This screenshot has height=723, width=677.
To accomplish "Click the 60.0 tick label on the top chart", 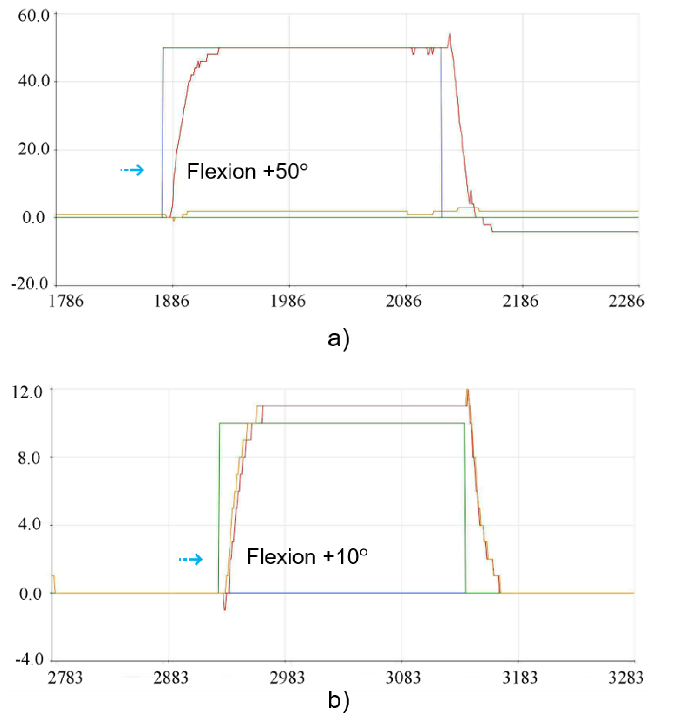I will click(x=33, y=16).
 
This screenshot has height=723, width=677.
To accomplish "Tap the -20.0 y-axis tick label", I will click(x=30, y=284).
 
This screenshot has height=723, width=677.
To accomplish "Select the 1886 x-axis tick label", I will click(x=172, y=301).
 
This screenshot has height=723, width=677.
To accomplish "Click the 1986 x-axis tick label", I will click(x=288, y=301).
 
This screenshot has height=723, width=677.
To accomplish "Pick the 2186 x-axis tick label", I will click(x=520, y=301).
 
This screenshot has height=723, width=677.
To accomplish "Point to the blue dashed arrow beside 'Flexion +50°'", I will click(x=132, y=170).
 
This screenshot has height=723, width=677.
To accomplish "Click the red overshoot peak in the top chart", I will click(x=450, y=35).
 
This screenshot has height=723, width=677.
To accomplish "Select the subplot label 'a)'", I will click(x=338, y=339).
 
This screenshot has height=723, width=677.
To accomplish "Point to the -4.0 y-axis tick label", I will click(x=29, y=659).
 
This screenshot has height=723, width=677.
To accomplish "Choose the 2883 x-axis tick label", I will click(x=171, y=678).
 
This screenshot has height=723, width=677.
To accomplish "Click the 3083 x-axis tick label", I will click(x=403, y=678).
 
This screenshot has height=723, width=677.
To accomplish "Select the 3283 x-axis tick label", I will click(x=626, y=678).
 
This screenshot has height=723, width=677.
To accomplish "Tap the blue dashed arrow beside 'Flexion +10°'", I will click(x=191, y=559).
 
